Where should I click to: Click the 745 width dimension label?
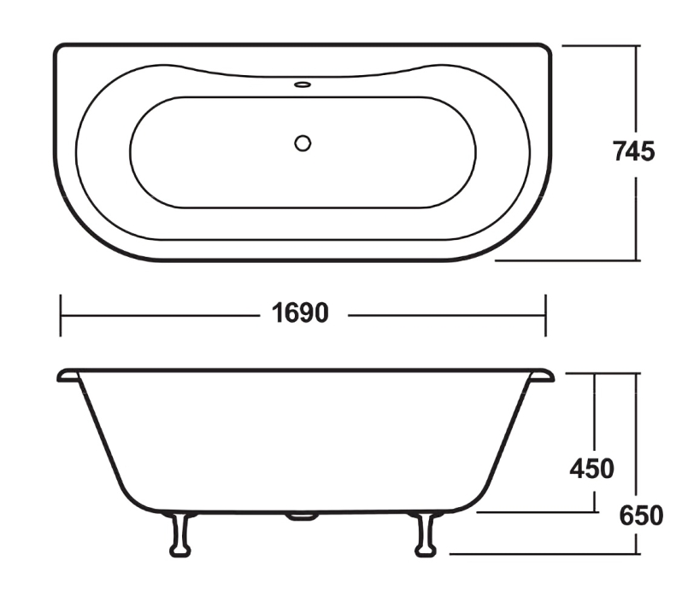pos(633,151)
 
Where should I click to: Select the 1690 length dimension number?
pos(300,313)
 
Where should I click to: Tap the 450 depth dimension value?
pos(591,469)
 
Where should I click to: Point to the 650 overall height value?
pos(641,516)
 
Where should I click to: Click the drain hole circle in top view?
pos(303,143)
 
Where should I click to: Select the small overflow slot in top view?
pos(303,85)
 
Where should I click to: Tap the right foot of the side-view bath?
pos(424,534)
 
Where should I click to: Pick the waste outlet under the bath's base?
pos(302,516)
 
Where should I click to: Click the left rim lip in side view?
pos(68,375)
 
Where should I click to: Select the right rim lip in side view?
pos(542,375)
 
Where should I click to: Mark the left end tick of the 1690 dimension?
pos(61,314)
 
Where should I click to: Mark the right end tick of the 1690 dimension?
pos(545,314)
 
